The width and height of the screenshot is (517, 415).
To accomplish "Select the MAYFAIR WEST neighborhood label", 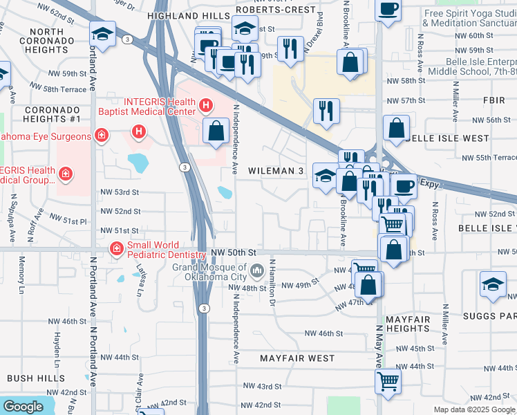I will tap(297, 358).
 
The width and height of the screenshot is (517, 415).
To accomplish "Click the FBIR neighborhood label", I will tap(494, 101).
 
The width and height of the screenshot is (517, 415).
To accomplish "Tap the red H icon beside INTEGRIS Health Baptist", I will tap(205, 106).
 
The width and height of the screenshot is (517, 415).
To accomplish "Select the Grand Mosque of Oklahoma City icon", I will tap(256, 269).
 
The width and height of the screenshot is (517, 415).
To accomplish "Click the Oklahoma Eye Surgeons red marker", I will tap(101, 134).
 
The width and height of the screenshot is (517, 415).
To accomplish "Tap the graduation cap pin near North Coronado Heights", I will tap(103, 33).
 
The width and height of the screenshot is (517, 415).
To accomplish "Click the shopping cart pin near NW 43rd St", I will tap(388, 380).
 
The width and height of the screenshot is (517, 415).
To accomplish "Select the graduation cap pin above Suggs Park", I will tap(493, 284).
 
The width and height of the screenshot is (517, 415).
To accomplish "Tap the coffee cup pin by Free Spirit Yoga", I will tap(388, 10).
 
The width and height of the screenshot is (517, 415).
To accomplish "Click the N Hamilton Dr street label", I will tap(272, 283).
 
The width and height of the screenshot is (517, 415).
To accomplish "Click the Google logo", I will tap(23, 407).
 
